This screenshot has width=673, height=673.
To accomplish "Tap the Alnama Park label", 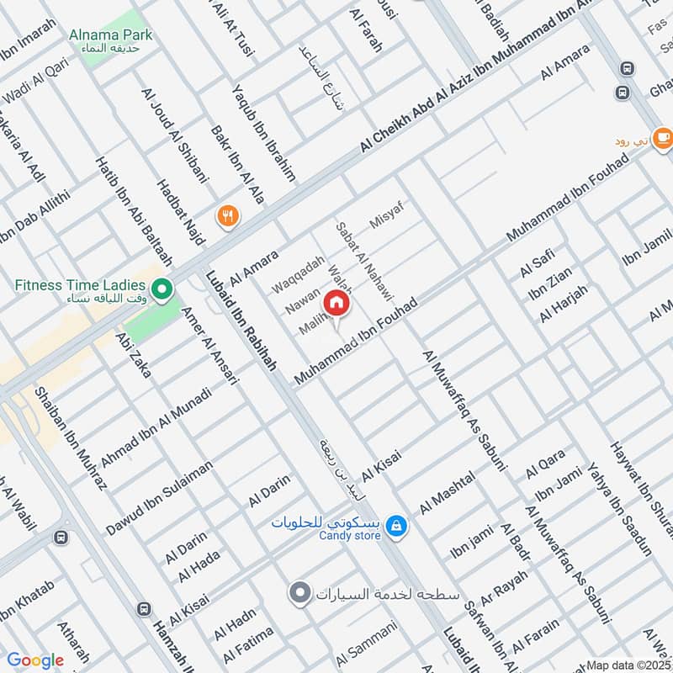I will tap(111, 35).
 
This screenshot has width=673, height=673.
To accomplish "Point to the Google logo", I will tap(35, 660).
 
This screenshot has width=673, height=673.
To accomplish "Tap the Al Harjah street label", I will tap(564, 305).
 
